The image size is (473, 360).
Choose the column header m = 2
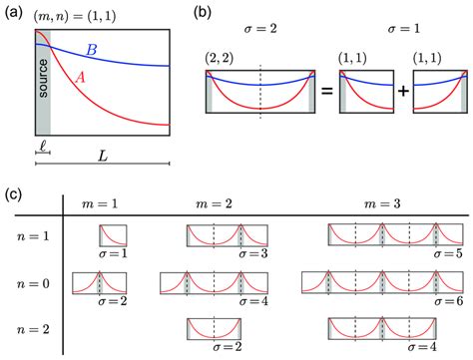(x=212, y=202)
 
